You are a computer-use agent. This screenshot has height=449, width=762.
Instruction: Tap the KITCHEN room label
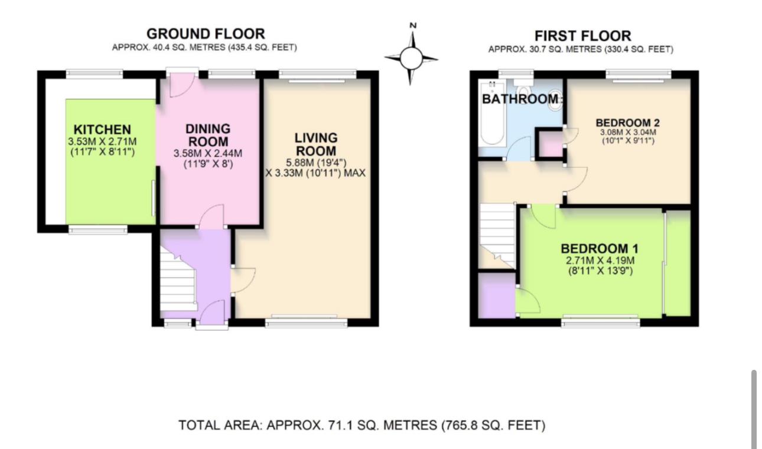[102, 129]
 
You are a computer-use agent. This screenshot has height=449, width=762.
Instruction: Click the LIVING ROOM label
[316, 144]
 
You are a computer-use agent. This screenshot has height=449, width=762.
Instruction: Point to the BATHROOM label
[520, 99]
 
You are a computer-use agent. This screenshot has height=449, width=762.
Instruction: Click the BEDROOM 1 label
[599, 248]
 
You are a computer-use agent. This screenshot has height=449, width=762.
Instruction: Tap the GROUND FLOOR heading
[205, 34]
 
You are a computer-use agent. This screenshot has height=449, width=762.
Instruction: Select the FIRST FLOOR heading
[582, 35]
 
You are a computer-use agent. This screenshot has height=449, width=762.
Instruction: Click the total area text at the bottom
[362, 425]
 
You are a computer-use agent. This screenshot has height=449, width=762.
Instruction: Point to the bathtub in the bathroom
[491, 124]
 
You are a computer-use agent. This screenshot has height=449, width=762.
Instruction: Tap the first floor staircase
[497, 233]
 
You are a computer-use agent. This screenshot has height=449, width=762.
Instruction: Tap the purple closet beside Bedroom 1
[496, 295]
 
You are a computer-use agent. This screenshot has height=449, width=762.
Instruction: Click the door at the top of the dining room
[179, 85]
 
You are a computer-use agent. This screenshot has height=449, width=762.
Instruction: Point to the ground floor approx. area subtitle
[205, 47]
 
